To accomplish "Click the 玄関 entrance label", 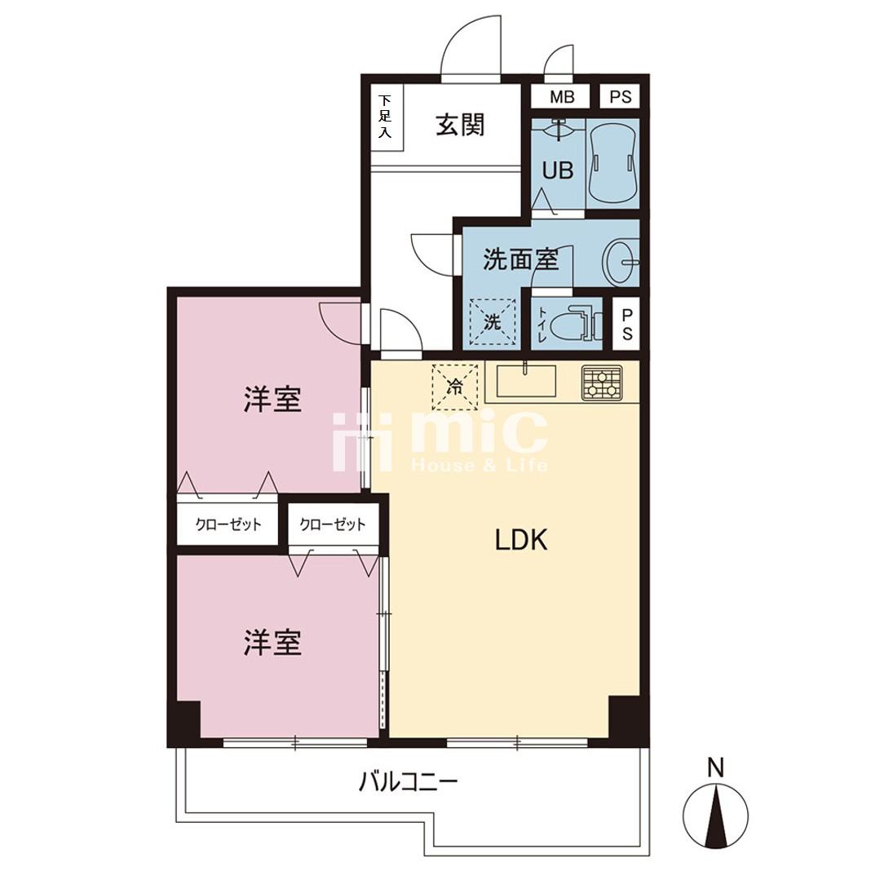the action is click(x=460, y=125).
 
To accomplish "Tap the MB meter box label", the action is click(x=562, y=97).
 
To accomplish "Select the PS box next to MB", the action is click(x=620, y=96).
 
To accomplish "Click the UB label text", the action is click(x=557, y=170).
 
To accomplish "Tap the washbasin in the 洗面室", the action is click(x=621, y=262).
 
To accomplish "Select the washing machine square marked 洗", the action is click(x=492, y=321).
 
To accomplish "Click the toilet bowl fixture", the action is click(x=573, y=324).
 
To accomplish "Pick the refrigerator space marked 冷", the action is click(x=454, y=387).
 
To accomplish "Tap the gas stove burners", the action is click(x=602, y=383).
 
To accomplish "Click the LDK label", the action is click(x=521, y=540).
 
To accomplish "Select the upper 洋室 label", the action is click(x=272, y=399).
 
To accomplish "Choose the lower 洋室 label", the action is click(x=272, y=643).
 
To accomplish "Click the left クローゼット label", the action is click(x=228, y=524).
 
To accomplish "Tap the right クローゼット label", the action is click(x=333, y=524).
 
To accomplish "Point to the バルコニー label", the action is click(x=409, y=781).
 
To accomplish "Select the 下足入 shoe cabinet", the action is click(x=386, y=117).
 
